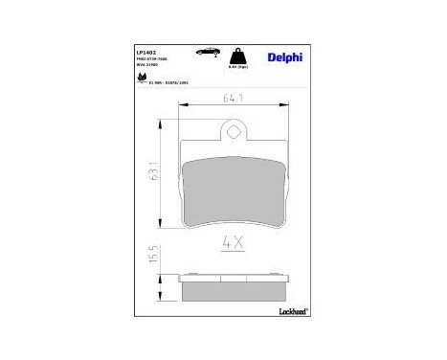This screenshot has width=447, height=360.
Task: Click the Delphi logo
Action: tap(285, 56)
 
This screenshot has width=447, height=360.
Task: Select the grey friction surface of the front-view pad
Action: tap(234, 190)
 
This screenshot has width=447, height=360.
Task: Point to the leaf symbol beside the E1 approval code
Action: tap(143, 85)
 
